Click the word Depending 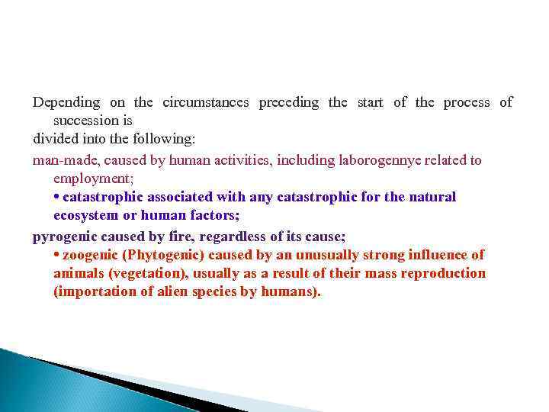click(66, 102)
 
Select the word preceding click(289, 102)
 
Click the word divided click(52, 140)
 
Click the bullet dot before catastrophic click(57, 197)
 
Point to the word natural click(432, 197)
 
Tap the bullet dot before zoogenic click(57, 255)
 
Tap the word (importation click(94, 292)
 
